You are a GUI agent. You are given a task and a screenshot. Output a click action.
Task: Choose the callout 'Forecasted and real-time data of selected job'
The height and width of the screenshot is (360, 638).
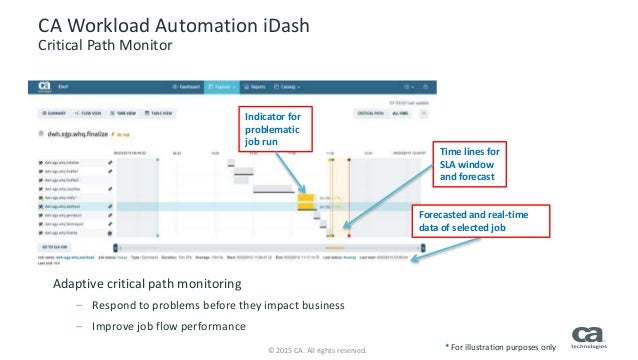(481, 221)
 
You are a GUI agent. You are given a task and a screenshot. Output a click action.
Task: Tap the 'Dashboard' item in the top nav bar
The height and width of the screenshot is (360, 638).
(187, 87)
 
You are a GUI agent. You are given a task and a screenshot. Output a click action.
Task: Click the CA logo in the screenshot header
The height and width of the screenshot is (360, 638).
(45, 87)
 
